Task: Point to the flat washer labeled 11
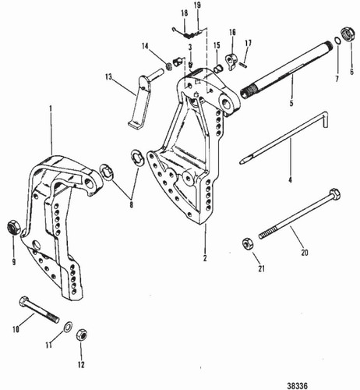[68, 326]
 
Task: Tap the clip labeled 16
[231, 59]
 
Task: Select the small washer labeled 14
[168, 62]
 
